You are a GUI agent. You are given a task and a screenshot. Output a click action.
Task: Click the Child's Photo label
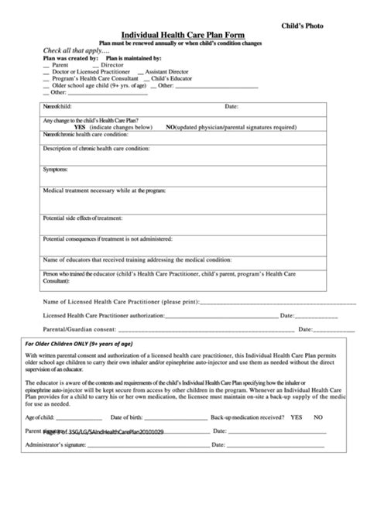point(318,26)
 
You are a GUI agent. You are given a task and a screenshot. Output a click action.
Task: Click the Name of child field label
point(61,106)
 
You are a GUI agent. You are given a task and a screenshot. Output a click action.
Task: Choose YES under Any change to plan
point(81,126)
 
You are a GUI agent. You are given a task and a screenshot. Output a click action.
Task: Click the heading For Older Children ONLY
point(79,344)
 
